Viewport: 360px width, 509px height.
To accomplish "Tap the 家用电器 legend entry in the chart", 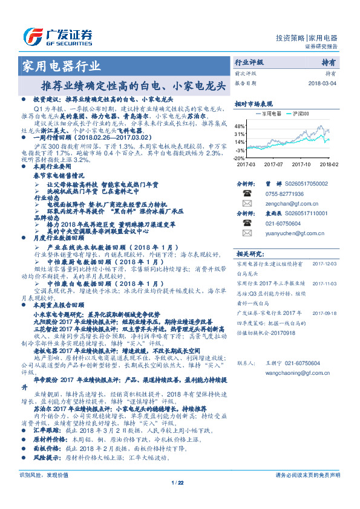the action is pos(269,113).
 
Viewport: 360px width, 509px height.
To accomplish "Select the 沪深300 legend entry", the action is pos(300,113).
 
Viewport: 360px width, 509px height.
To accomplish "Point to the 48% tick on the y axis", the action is pos(240,126).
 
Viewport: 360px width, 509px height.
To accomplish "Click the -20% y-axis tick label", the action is pos(239,157).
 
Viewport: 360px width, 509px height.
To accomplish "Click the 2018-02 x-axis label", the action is pos(329,164).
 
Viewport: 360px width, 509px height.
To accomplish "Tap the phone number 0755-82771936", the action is pos(285,193).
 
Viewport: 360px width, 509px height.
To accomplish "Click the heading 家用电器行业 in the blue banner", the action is pos(61,66).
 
